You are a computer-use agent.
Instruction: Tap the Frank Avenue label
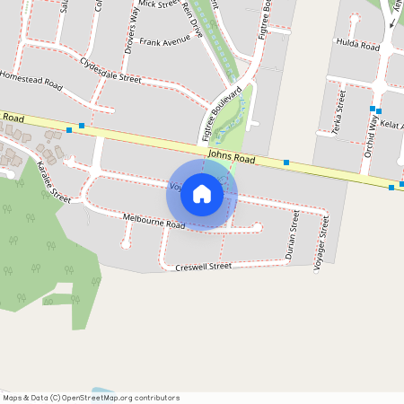164,41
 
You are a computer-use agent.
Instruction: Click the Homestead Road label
31,81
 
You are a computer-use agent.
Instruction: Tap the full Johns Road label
231,159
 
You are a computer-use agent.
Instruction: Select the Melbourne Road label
154,220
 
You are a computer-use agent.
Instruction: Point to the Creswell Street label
203,267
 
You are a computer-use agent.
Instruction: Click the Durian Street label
291,236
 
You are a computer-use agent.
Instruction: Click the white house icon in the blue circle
202,194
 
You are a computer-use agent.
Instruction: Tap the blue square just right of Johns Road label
286,162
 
